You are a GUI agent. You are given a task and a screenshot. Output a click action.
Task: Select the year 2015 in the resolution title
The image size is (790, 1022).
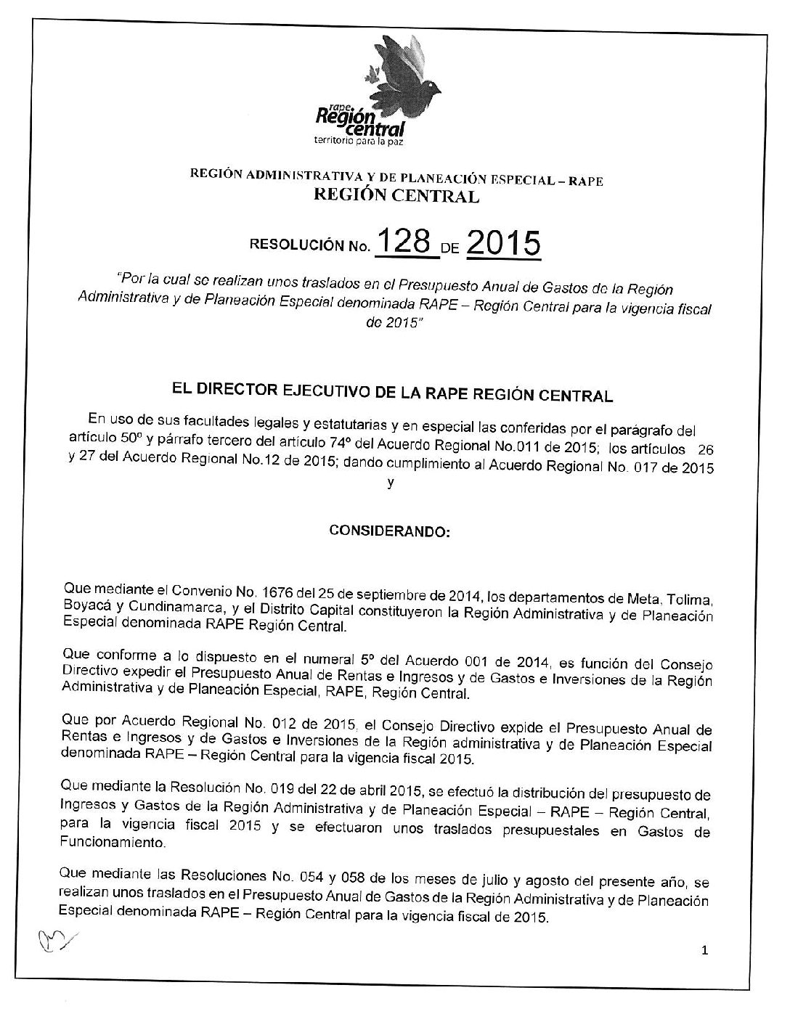pyautogui.click(x=503, y=245)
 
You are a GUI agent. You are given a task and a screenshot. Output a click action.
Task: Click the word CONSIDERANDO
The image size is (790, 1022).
pyautogui.click(x=390, y=531)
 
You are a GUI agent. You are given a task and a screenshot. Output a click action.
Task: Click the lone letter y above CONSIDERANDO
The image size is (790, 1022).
pyautogui.click(x=391, y=484)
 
